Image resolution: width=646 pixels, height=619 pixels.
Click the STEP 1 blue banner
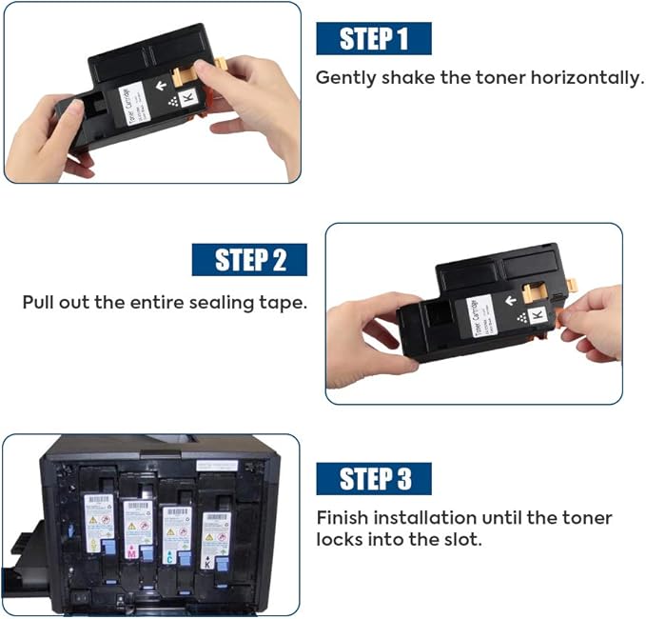click(373, 38)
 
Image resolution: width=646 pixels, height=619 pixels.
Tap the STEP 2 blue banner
click(249, 260)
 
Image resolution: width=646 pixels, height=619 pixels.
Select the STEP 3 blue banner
click(373, 479)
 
